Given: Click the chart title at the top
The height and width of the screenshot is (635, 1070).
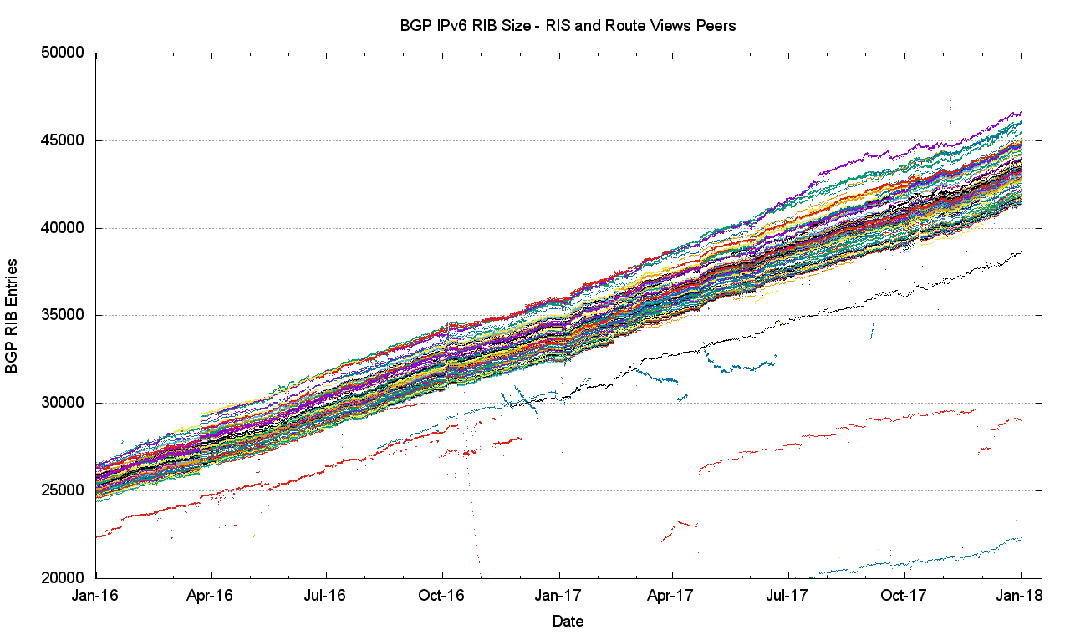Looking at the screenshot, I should tap(568, 26).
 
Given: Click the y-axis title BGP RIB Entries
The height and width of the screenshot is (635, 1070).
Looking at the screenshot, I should tap(13, 315).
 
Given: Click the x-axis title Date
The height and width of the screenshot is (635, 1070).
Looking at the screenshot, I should tap(568, 621).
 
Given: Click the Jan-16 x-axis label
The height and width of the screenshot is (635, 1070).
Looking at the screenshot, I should tap(97, 596).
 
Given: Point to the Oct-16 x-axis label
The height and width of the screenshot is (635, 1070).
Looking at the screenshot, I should tap(442, 596).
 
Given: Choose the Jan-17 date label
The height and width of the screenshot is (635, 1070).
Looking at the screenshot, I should tap(558, 596).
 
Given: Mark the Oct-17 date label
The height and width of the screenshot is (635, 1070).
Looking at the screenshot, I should tap(904, 596).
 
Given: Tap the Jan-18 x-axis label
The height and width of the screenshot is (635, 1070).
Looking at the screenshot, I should tap(1021, 596).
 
